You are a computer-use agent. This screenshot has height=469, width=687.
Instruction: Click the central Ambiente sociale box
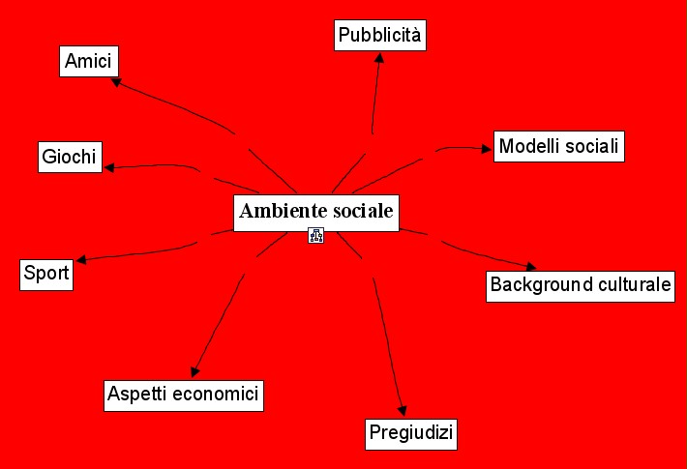pyautogui.click(x=316, y=212)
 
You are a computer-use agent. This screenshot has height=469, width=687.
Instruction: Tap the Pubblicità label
pyautogui.click(x=380, y=36)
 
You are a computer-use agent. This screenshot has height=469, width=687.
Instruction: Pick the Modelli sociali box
pyautogui.click(x=557, y=147)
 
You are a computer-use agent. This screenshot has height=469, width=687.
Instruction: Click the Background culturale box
pyautogui.click(x=580, y=285)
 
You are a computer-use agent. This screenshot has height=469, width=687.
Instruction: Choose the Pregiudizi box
pyautogui.click(x=411, y=433)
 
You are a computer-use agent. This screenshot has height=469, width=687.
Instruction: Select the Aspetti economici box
pyautogui.click(x=184, y=395)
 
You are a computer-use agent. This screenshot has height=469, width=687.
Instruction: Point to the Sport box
pyautogui.click(x=46, y=274)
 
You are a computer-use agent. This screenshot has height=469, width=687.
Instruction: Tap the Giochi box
pyautogui.click(x=70, y=157)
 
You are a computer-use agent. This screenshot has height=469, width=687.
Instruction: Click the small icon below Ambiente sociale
pyautogui.click(x=315, y=235)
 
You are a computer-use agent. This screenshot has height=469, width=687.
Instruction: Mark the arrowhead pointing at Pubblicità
pyautogui.click(x=379, y=57)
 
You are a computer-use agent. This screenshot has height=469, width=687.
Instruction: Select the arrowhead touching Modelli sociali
pyautogui.click(x=486, y=148)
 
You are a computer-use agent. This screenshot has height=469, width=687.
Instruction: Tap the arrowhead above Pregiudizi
pyautogui.click(x=402, y=410)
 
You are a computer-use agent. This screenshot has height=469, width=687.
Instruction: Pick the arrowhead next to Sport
pyautogui.click(x=82, y=259)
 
